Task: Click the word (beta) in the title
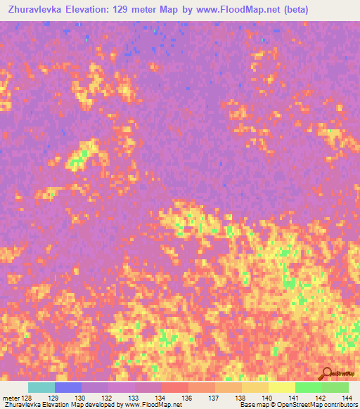[291, 9]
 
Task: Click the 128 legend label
[25, 398]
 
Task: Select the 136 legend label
[187, 398]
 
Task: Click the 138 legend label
[240, 398]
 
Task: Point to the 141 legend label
[294, 398]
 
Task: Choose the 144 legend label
[347, 398]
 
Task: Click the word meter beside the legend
[10, 398]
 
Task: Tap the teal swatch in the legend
[41, 387]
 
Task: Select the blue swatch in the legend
[68, 387]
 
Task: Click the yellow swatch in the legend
[282, 387]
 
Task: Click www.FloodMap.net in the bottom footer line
[151, 405]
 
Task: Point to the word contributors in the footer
[339, 405]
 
